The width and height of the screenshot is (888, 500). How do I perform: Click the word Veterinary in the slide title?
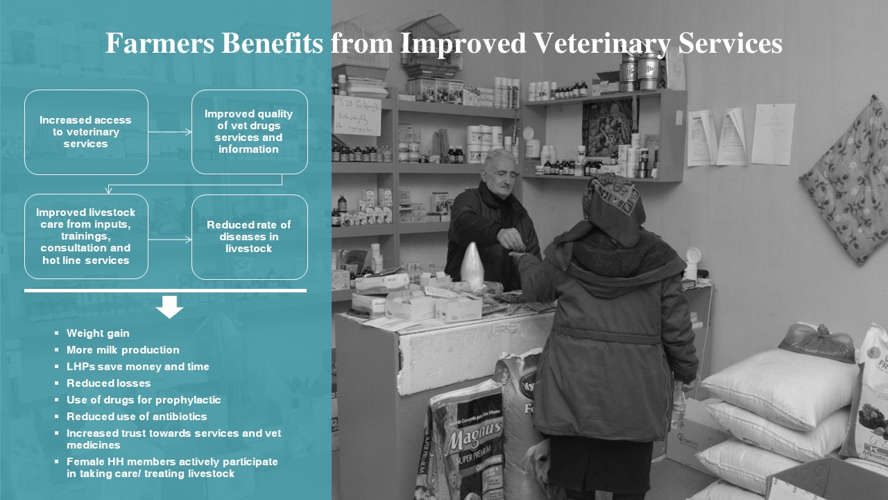pos(602,43)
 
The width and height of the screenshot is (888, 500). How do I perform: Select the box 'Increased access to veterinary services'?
pos(87,132)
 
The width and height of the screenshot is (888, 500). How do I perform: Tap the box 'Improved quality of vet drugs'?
pos(249,132)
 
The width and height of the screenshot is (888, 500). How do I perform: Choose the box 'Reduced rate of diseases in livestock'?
pos(249,237)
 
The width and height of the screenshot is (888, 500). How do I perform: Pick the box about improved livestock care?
pos(87,237)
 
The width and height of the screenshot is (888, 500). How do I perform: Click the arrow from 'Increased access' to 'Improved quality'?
pos(170,132)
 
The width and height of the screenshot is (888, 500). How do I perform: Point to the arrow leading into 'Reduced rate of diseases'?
pos(170,240)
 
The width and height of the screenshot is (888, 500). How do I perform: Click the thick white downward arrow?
pos(169,307)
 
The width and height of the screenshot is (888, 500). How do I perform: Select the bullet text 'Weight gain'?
pos(98,333)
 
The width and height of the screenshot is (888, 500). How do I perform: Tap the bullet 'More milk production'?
pos(123,350)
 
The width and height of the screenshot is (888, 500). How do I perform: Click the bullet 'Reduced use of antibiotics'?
pos(137,417)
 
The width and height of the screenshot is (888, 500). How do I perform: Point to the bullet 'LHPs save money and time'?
pos(137,367)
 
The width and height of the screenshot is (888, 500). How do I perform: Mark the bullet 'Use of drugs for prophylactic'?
pos(144,400)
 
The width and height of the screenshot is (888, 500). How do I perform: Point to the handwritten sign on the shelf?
pos(357,115)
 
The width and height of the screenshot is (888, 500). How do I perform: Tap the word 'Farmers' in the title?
pos(160,43)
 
